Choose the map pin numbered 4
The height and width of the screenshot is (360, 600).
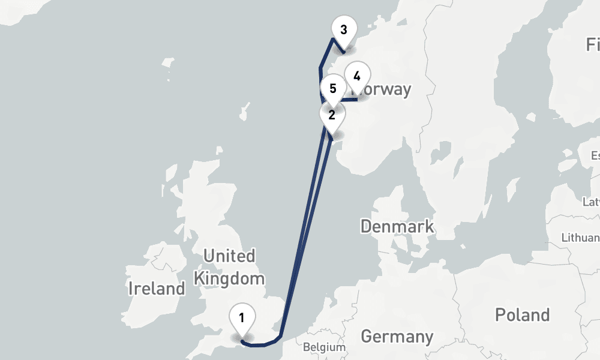point(357,77)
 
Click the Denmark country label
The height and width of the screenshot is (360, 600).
point(397,226)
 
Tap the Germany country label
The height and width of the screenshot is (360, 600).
point(397,336)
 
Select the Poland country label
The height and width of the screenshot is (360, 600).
point(521,314)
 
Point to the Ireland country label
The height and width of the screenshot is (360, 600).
point(157,288)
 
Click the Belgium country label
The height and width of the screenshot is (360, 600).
point(324,347)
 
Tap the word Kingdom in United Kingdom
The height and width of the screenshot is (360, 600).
point(229,278)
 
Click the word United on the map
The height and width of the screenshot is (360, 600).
point(229,256)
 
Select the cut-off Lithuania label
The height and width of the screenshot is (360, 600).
point(580,238)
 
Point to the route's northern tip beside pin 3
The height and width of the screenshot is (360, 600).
point(332,40)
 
